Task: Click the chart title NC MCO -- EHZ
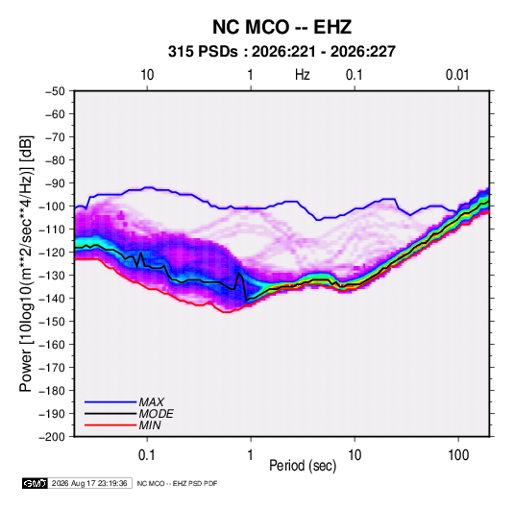(x=281, y=27)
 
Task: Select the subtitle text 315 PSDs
(x=203, y=52)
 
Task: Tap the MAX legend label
(x=151, y=401)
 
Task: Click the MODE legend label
(x=156, y=414)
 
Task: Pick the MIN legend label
(x=150, y=425)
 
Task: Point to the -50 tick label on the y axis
(x=55, y=91)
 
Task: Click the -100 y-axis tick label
(x=52, y=206)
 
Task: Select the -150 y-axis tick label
(x=52, y=321)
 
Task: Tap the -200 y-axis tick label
(x=52, y=437)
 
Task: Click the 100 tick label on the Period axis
(x=458, y=455)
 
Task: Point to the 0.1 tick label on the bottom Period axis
(x=147, y=455)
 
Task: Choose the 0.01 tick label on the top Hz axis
(x=457, y=75)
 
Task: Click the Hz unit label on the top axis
(x=303, y=75)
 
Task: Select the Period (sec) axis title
(x=303, y=466)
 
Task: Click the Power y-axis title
(x=26, y=264)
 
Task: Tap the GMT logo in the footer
(x=36, y=483)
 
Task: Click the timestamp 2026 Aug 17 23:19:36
(x=89, y=483)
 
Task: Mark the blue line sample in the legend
(x=110, y=401)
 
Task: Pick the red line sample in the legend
(x=110, y=425)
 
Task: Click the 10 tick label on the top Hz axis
(x=147, y=75)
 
